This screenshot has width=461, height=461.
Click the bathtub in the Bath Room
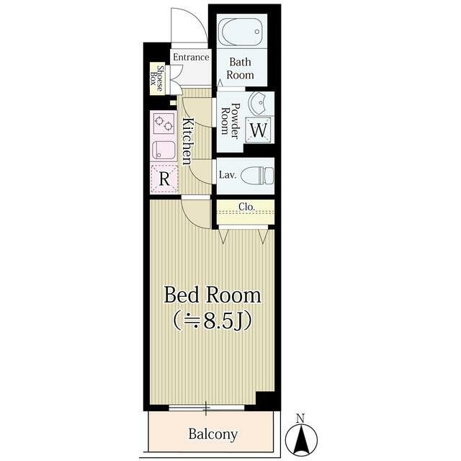pos(242,32)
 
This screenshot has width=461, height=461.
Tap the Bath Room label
pos(240,68)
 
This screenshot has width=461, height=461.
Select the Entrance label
pos(191,57)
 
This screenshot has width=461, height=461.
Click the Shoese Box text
pos(157,79)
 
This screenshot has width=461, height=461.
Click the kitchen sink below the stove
pos(164,150)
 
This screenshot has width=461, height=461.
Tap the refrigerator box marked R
pos(164,179)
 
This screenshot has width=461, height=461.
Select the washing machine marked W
pos(259,130)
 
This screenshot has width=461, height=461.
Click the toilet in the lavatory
pos(257,176)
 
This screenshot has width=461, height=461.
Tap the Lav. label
pos(228,175)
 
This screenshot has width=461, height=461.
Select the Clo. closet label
pos(246,207)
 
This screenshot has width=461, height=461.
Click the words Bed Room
pos(212,295)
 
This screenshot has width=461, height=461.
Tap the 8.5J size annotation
pos(212,321)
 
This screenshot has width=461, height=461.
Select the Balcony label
pos(213,434)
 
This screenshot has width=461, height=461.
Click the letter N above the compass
pos(300,418)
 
